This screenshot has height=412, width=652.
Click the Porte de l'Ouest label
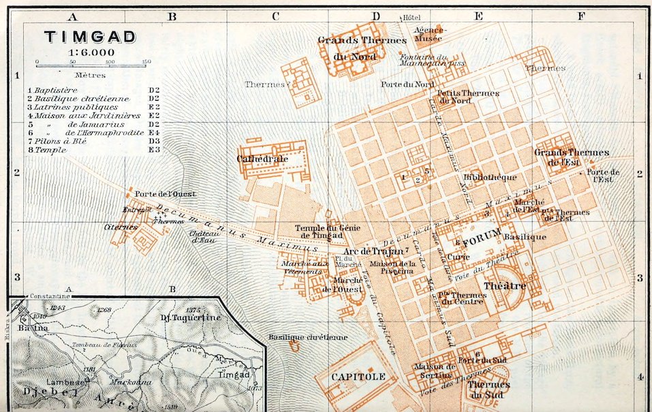pyautogui.click(x=165, y=194)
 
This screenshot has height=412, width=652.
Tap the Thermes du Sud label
pyautogui.click(x=489, y=389)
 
